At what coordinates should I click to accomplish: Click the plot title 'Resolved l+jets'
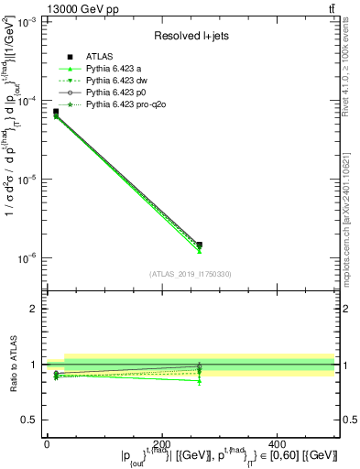191,36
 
